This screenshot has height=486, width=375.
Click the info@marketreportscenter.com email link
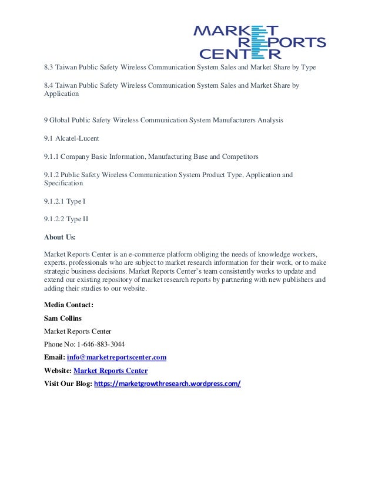coord(116,357)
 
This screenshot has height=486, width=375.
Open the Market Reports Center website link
coord(111,371)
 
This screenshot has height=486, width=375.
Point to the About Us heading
coord(60,238)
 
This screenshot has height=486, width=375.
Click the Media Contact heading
coord(69,305)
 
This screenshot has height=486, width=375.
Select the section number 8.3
coord(49,67)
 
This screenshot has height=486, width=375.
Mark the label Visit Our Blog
coord(67,384)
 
